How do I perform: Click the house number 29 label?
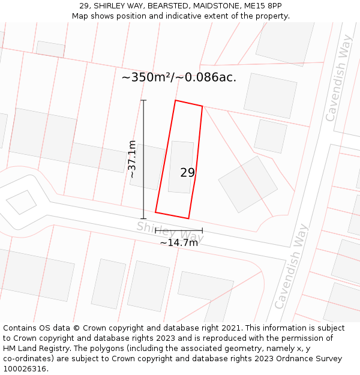tap(187, 173)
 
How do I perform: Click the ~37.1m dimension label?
tap(133, 159)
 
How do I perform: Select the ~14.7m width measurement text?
tap(178, 242)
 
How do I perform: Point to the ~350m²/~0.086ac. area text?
tap(179, 77)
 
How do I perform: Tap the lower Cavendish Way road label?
tap(291, 266)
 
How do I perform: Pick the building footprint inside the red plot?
tap(181, 167)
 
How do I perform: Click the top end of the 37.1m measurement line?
tap(143, 100)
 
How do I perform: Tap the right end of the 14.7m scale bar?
tap(202, 230)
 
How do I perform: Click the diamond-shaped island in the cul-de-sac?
tap(21, 202)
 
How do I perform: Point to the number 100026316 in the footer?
tap(25, 368)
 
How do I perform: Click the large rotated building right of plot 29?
tap(248, 184)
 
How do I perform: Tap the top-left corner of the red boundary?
tap(175, 100)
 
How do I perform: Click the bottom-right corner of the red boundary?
tap(188, 218)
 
